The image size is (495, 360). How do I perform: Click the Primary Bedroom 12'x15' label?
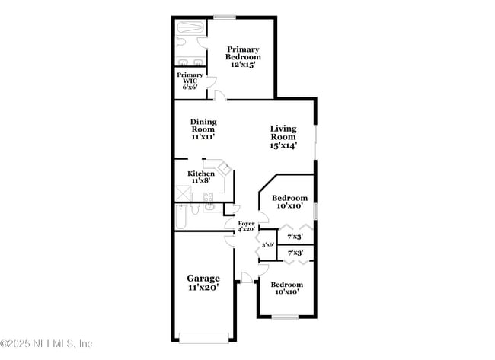click(x=244, y=57)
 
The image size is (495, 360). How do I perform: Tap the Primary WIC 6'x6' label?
click(x=190, y=81)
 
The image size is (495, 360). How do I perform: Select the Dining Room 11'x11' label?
click(x=203, y=129)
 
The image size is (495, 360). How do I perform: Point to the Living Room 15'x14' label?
click(x=283, y=137)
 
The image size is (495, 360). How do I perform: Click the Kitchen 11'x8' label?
click(x=201, y=177)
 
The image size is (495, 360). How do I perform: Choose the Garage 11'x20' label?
click(x=203, y=283)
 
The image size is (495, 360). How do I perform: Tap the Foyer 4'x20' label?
click(x=246, y=225)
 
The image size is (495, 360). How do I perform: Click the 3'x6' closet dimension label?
click(x=267, y=245)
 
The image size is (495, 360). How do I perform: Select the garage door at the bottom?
click(x=203, y=337)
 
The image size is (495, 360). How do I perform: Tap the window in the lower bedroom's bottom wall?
click(x=285, y=317)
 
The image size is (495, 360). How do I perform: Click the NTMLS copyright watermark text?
click(x=47, y=343)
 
